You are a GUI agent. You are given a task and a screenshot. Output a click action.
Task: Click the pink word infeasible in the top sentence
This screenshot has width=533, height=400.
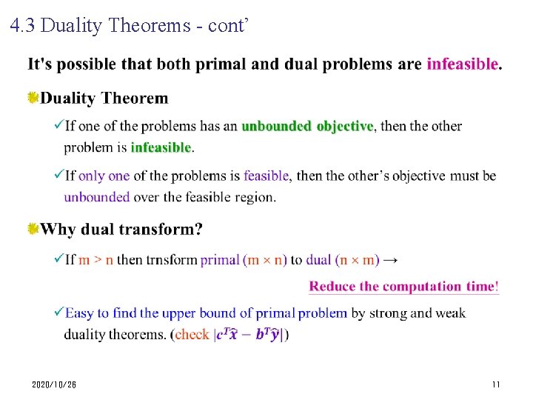tap(463, 64)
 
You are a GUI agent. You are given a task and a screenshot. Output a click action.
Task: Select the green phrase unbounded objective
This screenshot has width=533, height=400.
tap(307, 126)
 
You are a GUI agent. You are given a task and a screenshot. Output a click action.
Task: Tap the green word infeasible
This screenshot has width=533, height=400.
tap(161, 147)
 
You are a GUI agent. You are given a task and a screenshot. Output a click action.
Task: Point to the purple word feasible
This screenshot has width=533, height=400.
tap(266, 176)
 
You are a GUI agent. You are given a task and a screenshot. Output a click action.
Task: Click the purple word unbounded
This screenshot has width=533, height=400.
tap(96, 197)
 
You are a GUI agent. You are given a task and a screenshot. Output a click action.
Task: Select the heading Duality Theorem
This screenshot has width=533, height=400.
tap(104, 98)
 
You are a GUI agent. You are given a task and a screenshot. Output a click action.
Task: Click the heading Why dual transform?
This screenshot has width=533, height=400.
tap(121, 229)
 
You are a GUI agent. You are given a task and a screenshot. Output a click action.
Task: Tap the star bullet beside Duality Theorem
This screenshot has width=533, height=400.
tap(33, 98)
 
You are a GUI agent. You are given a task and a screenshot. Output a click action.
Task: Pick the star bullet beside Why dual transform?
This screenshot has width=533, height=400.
tap(33, 229)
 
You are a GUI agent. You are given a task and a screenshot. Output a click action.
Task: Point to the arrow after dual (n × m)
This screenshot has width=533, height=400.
tap(392, 260)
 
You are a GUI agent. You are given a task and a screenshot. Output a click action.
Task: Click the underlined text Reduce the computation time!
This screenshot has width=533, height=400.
tap(403, 287)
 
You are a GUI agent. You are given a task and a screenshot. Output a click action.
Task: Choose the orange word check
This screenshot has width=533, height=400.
tap(192, 335)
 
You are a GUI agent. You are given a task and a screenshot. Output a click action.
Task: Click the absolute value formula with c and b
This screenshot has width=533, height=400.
tap(248, 335)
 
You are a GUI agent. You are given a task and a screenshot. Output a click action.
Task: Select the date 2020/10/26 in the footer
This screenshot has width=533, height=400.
tap(54, 385)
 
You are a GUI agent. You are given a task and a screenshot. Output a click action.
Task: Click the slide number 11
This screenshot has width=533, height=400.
tap(496, 385)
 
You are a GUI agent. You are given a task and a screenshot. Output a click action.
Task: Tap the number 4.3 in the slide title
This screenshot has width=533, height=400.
tap(23, 27)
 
